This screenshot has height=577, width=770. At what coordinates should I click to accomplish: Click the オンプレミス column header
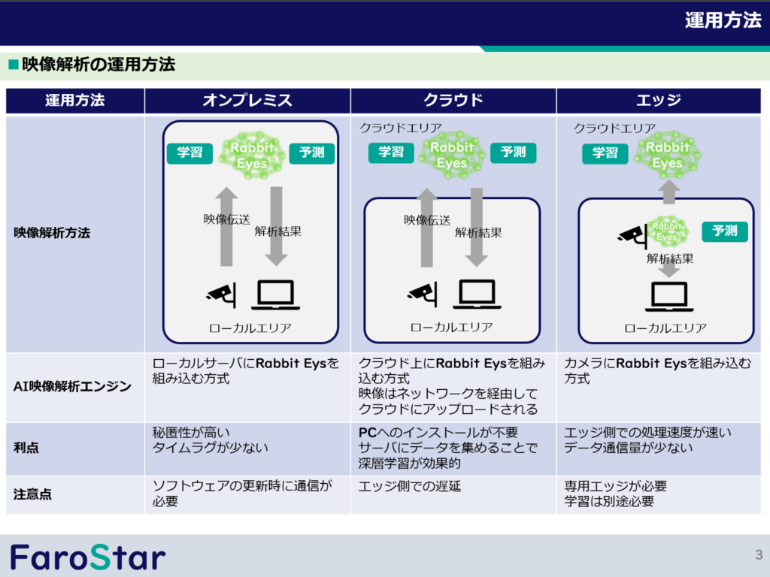pos(247,100)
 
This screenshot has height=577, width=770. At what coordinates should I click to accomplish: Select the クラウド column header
pos(453,100)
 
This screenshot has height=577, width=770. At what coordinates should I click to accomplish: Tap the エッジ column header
pos(659,100)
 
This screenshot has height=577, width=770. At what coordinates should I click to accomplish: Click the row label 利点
pos(26,448)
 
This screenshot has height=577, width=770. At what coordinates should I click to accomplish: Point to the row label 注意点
pos(32,494)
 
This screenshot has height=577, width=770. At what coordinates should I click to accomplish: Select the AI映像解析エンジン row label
pos(72,387)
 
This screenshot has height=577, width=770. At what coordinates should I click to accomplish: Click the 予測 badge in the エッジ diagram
pos(725,231)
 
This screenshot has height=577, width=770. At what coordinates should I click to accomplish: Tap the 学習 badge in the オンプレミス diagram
pos(189,153)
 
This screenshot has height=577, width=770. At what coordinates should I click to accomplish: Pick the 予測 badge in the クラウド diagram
pos(513,152)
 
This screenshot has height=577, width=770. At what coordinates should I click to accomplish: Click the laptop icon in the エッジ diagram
pos(668,296)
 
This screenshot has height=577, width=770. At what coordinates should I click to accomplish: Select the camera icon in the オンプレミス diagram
pos(222,295)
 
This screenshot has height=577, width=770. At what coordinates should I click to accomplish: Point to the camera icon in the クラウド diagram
pos(423,295)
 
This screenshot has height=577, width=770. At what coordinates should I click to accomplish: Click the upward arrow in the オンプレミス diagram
pos(226,227)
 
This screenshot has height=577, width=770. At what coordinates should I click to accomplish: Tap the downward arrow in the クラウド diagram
pos(476,227)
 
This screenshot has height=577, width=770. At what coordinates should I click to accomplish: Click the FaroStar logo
pos(89,557)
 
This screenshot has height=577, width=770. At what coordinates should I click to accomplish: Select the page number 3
pos(759,555)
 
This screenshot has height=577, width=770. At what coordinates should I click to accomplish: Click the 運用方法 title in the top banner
pos(723,20)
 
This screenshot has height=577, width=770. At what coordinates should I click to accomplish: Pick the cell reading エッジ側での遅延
pos(410,486)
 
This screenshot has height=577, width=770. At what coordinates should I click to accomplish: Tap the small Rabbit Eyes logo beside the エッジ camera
pos(667,231)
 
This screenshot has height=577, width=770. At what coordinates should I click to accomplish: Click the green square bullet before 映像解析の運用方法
pos(14,65)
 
